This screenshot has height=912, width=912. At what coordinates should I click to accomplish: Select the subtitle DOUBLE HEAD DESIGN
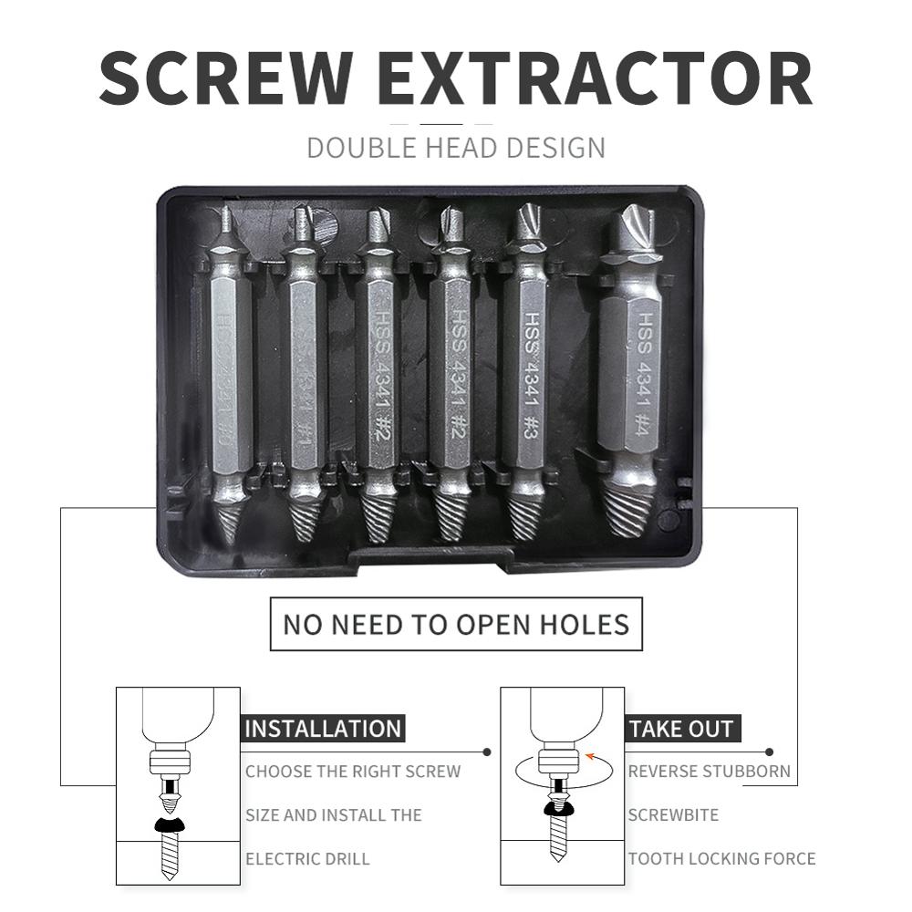[x=455, y=147]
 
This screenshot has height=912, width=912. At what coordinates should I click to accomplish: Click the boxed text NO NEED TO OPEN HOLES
[x=456, y=625]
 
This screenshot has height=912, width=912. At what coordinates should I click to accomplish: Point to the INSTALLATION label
[x=323, y=730]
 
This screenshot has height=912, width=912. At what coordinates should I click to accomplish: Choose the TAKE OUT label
[x=681, y=730]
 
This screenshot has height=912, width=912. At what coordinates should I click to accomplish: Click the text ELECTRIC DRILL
[x=307, y=858]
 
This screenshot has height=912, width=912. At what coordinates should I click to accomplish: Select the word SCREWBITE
[x=673, y=814]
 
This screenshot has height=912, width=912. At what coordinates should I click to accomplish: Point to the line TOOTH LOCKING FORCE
[x=721, y=858]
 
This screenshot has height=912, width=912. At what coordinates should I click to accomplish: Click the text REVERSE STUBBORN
[x=709, y=772]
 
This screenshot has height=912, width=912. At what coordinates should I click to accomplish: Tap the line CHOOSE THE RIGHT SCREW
[x=353, y=772]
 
